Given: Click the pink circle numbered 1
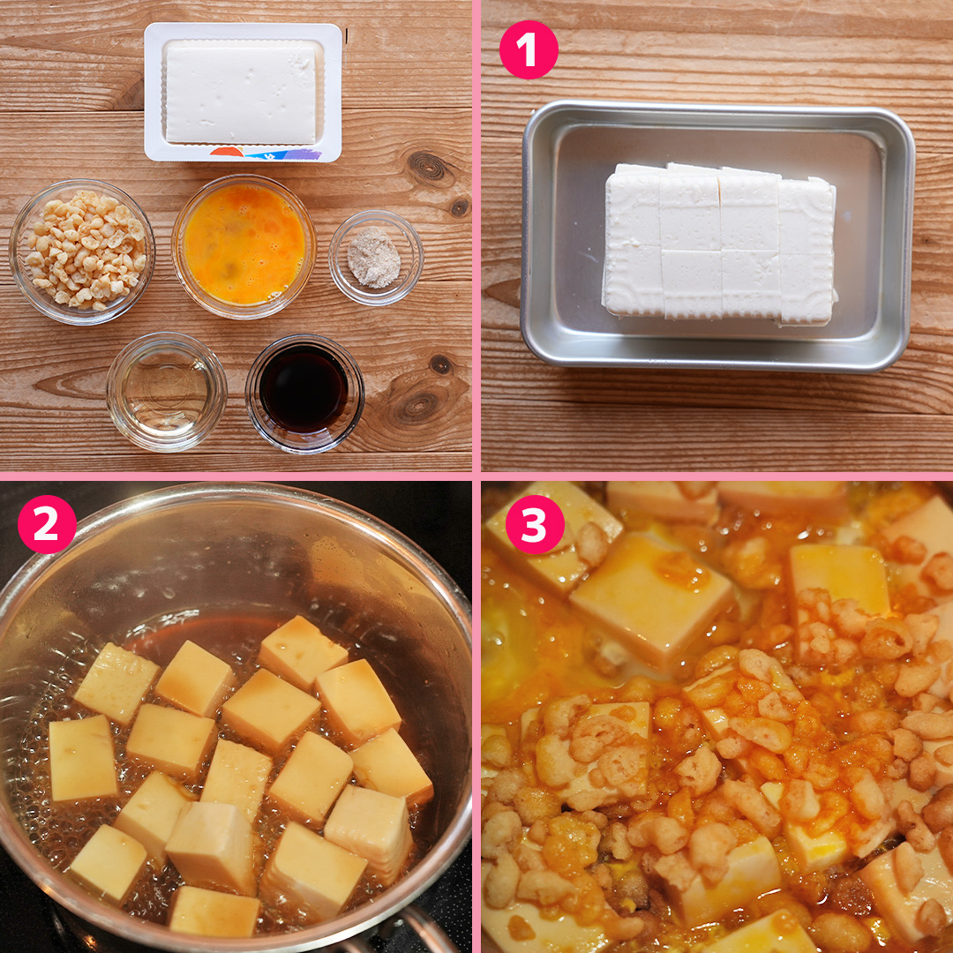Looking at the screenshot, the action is (529, 49).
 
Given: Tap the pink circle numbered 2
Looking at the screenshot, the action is (47, 524).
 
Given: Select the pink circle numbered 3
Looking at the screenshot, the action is (535, 524).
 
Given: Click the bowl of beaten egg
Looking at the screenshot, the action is (244, 246).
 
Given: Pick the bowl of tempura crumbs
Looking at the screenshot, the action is (82, 251).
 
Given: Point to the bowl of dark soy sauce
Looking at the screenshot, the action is (304, 394).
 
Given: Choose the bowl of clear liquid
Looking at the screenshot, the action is (167, 392).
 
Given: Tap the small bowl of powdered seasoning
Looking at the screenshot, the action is (376, 258).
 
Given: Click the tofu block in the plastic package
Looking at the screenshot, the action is (241, 93).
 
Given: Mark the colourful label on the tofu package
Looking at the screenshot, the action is (266, 154).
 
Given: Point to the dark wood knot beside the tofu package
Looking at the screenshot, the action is (428, 166).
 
